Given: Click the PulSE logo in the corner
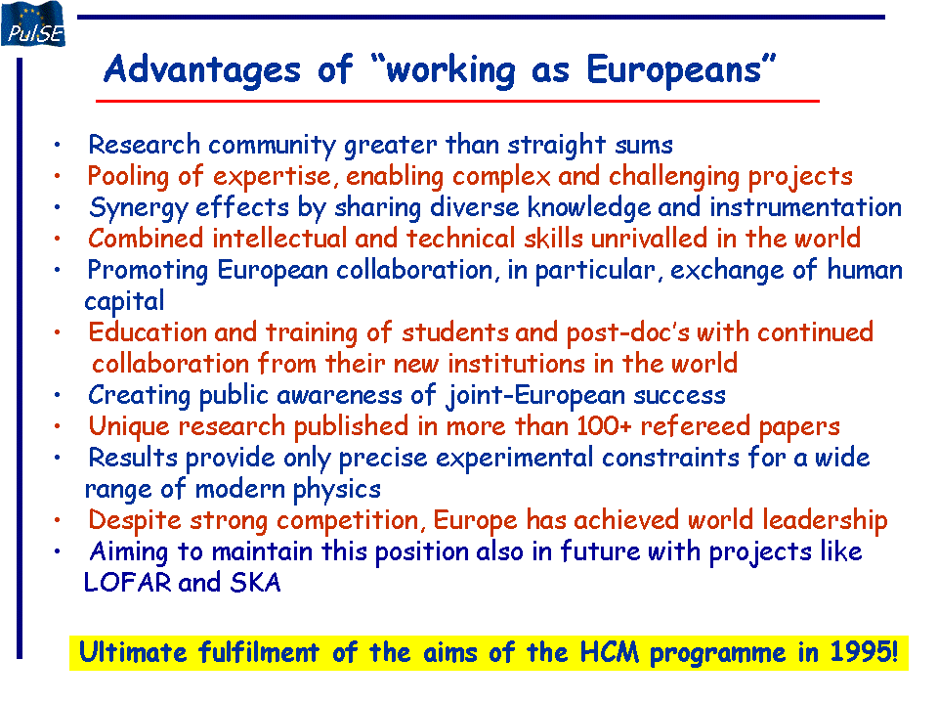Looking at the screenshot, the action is coord(33,23).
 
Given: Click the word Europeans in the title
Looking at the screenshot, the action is coord(674,70).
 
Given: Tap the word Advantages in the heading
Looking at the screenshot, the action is coord(202,70).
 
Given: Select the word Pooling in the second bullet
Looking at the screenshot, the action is coord(128,177).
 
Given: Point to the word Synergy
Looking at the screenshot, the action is coord(139,208).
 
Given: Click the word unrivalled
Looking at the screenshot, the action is coord(650,239).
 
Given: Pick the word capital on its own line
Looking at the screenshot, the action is coord(124,301).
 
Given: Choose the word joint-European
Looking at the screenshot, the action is coord(535,396).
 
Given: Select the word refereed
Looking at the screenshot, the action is coord(695,426).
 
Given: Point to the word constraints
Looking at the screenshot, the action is coord(670,458).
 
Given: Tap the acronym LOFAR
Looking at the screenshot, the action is coord(127,583).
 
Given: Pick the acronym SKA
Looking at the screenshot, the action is coord(255,583).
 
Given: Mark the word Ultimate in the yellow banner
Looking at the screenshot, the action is coord(133,652).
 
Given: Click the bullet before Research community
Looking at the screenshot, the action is coord(58,145).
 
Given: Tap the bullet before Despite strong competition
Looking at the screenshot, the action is coord(58,520).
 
